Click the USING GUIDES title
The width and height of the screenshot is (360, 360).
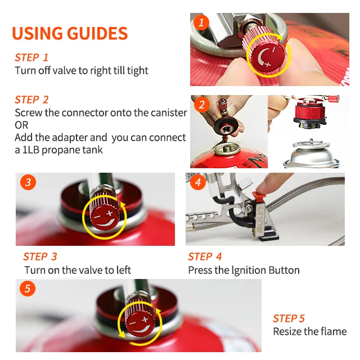pyautogui.click(x=70, y=33)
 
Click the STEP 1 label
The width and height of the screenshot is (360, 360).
pyautogui.click(x=31, y=57)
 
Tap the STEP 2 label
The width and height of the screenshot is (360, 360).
pyautogui.click(x=31, y=100)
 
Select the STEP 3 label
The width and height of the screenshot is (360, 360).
pyautogui.click(x=40, y=256)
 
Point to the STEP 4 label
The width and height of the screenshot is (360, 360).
pyautogui.click(x=209, y=256)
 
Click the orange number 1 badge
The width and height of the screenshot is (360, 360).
pyautogui.click(x=201, y=22)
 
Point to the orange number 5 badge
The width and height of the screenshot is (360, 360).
pyautogui.click(x=28, y=289)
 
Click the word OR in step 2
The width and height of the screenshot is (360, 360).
pyautogui.click(x=21, y=125)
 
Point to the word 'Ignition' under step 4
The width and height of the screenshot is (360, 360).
pyautogui.click(x=250, y=270)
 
